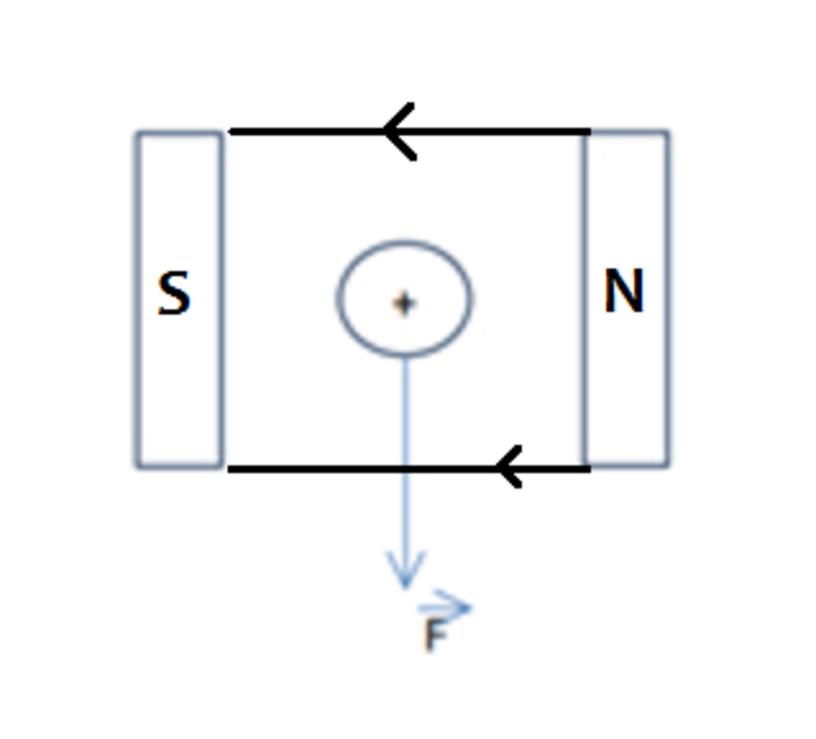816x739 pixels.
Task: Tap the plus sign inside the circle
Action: click(404, 303)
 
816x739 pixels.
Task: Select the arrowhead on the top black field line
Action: click(398, 131)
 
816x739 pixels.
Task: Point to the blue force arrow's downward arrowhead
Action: click(406, 569)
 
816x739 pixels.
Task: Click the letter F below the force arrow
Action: click(435, 635)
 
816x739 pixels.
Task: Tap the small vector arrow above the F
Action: click(445, 607)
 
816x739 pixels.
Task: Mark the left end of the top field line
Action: click(230, 131)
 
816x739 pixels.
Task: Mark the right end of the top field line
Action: click(590, 131)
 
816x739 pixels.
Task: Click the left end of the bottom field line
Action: click(229, 470)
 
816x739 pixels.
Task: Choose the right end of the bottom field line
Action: click(590, 468)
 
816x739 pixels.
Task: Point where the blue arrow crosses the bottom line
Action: click(406, 469)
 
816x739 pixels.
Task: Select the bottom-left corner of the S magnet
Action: click(138, 467)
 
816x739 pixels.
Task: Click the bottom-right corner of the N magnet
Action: click(668, 464)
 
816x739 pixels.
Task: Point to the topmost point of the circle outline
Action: click(404, 242)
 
